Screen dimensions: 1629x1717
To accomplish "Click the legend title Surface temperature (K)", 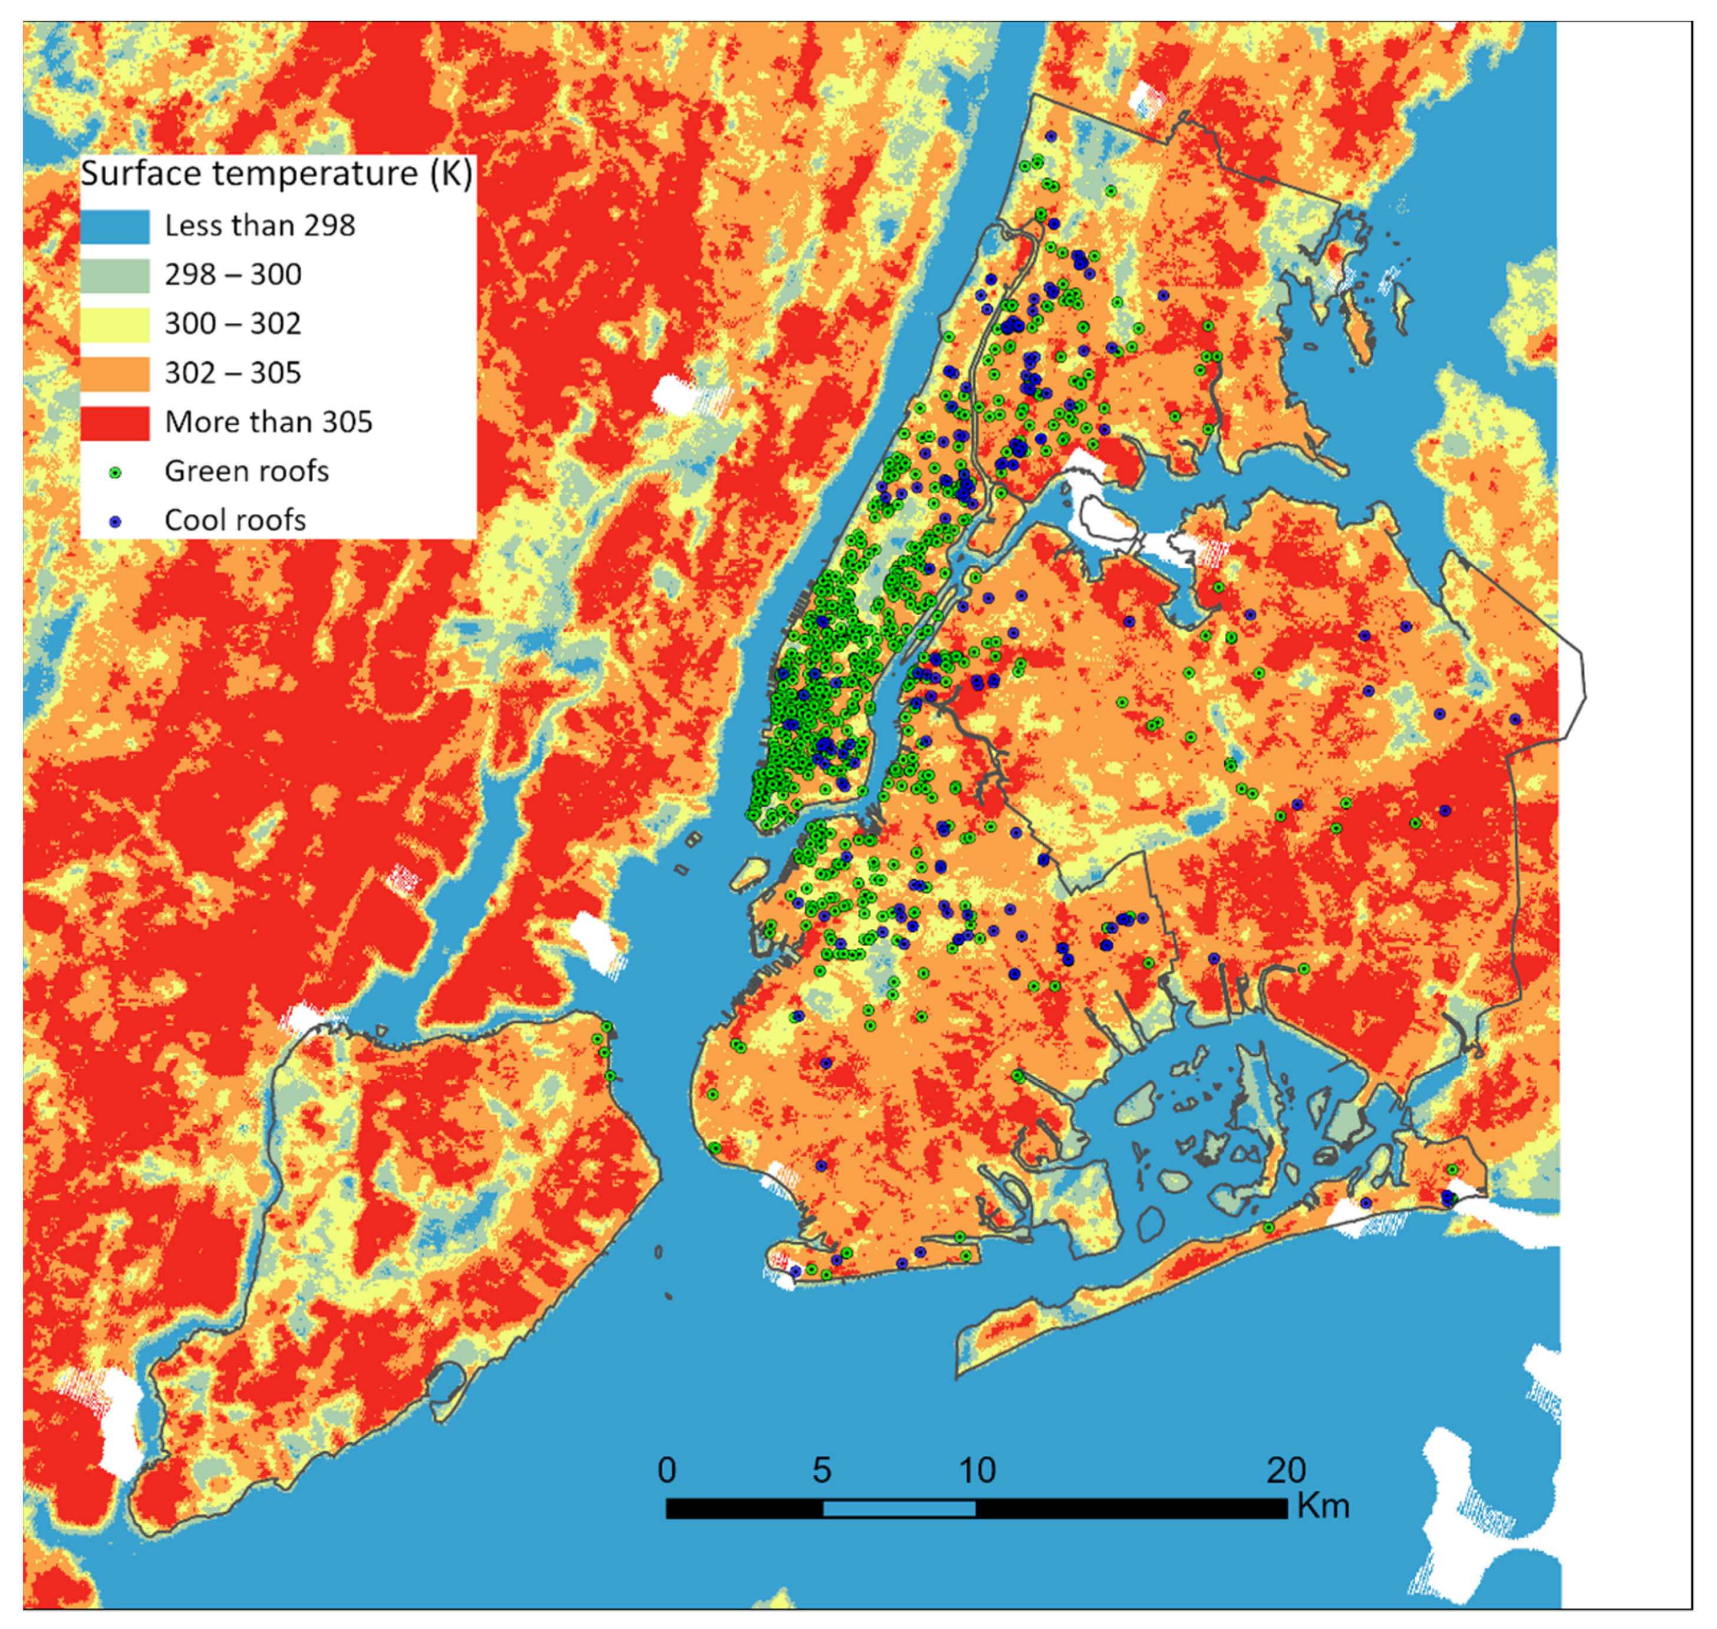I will pyautogui.click(x=276, y=174).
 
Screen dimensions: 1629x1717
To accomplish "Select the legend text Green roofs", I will pyautogui.click(x=246, y=471).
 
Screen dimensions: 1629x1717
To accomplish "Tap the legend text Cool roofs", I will pyautogui.click(x=235, y=520).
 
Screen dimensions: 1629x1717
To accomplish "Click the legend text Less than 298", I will pyautogui.click(x=260, y=226).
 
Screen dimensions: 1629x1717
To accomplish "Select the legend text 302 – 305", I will pyautogui.click(x=233, y=374).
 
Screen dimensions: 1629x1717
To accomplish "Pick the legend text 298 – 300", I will pyautogui.click(x=233, y=275).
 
